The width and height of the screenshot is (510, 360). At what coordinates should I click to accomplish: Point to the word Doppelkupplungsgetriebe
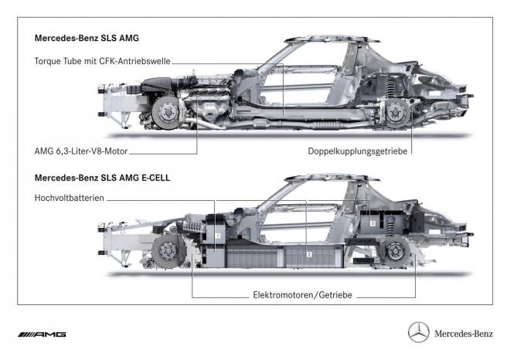(x=357, y=151)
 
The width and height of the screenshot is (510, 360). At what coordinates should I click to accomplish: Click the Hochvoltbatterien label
(x=69, y=199)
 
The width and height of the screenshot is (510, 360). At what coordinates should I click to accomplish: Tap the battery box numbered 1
(x=219, y=233)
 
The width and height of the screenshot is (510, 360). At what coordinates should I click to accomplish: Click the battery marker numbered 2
(x=308, y=253)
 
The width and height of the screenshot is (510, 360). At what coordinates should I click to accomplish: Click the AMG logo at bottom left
(x=43, y=334)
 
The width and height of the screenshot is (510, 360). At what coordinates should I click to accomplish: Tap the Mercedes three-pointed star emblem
(x=418, y=333)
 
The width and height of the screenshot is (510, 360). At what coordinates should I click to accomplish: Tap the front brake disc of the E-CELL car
(x=165, y=254)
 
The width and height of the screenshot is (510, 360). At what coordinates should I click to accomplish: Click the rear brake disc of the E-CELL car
(x=396, y=254)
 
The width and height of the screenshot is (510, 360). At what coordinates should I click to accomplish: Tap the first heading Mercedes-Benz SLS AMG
(x=86, y=37)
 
